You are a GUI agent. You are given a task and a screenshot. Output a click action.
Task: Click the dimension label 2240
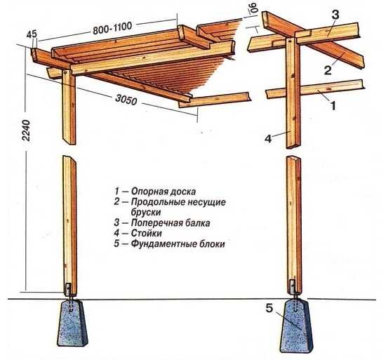point(26,130)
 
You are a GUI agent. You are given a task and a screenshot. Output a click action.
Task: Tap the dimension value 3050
point(126,100)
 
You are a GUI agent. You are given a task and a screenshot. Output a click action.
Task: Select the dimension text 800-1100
point(112,27)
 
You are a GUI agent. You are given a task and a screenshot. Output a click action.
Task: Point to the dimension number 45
point(32,34)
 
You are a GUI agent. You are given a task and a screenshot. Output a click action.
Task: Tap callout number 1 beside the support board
point(333,106)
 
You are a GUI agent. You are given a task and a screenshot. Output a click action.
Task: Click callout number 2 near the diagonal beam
point(328,70)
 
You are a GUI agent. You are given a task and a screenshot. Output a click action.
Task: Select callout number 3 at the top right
point(335,15)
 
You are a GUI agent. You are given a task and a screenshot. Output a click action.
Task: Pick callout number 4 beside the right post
point(268,138)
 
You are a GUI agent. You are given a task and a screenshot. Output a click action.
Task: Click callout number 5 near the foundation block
point(269,308)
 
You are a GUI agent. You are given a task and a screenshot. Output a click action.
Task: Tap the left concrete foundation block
point(72,323)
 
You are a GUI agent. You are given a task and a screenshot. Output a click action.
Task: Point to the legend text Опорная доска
point(164,191)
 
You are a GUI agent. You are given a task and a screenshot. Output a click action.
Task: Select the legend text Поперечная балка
point(171,222)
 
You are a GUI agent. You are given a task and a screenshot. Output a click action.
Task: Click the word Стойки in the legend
point(146,233)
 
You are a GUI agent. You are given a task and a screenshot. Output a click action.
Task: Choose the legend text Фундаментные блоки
point(178,244)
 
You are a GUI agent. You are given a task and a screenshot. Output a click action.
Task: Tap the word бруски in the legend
point(146,212)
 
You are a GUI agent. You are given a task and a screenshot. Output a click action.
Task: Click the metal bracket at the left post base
point(68,289)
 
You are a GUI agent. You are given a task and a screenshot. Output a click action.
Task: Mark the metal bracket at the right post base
point(292,286)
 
